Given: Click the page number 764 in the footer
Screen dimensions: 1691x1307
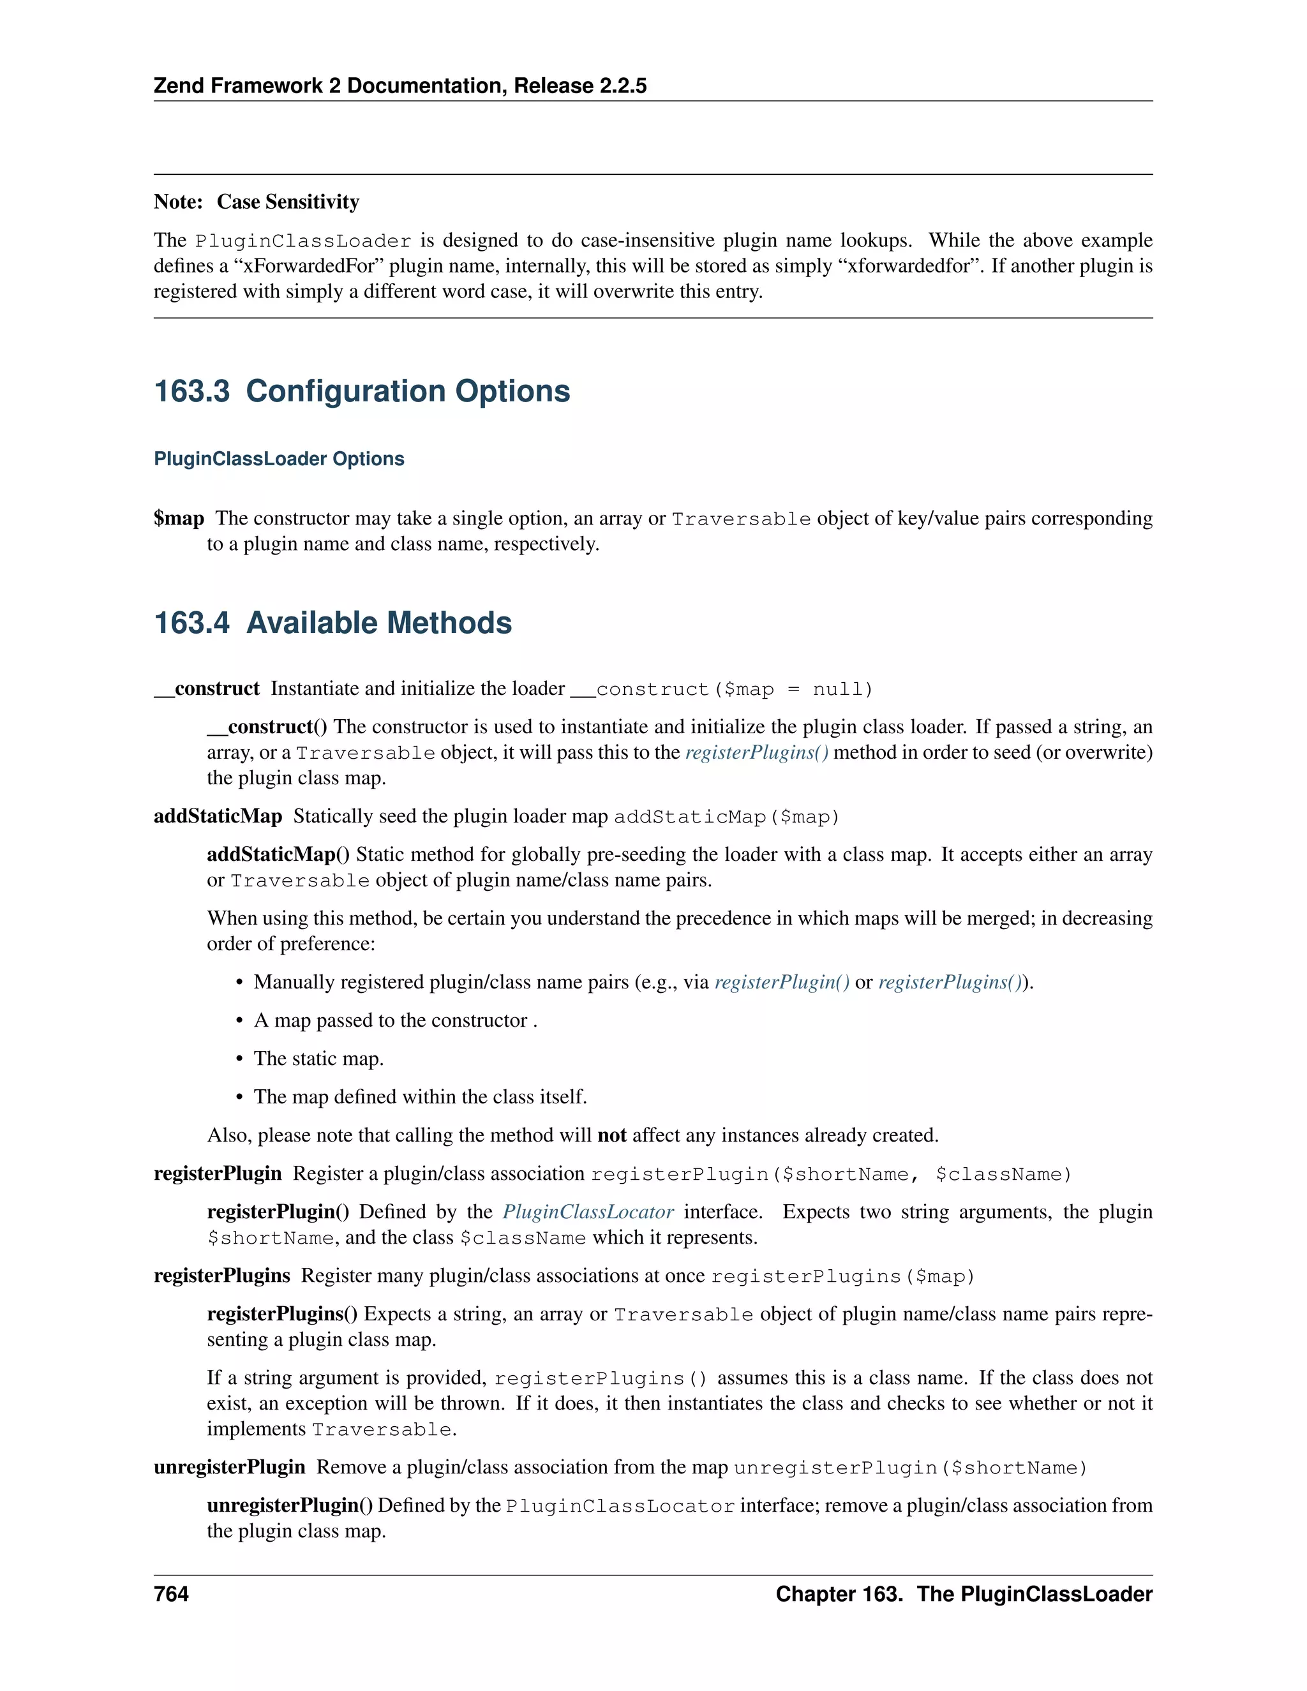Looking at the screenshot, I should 171,1593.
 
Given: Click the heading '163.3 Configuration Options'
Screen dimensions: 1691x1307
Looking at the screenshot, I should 362,391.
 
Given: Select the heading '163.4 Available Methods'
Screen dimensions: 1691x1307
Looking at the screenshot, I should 333,623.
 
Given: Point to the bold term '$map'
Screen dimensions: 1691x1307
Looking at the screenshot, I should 179,518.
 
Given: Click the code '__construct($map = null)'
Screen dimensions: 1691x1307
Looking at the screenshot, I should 722,689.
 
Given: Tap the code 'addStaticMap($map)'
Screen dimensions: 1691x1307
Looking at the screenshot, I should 726,817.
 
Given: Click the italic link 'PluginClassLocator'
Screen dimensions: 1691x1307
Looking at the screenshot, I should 588,1212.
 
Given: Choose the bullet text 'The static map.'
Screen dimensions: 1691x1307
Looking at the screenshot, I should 318,1059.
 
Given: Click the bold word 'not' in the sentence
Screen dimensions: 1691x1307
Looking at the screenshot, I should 611,1135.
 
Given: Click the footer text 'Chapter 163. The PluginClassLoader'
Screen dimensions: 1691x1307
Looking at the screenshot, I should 964,1593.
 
